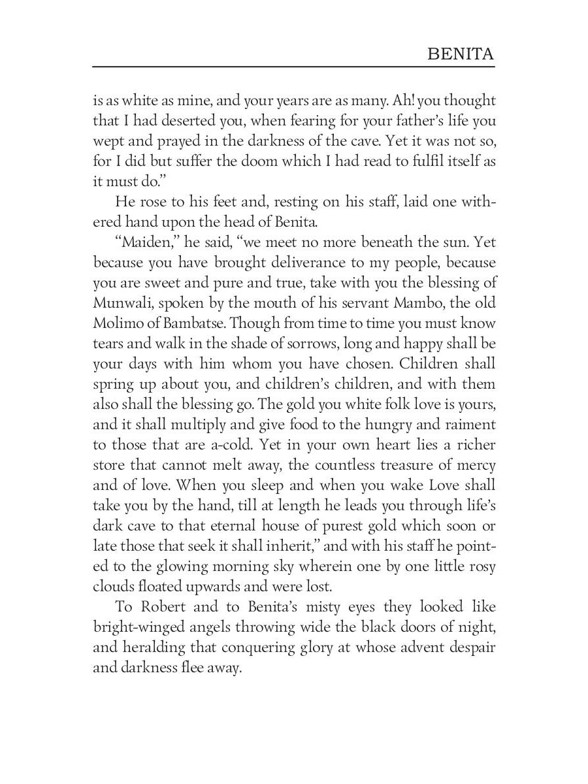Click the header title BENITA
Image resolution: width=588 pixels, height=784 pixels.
tap(461, 54)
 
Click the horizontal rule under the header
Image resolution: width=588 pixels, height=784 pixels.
tap(294, 67)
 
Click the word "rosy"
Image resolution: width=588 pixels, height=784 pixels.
tap(476, 567)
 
